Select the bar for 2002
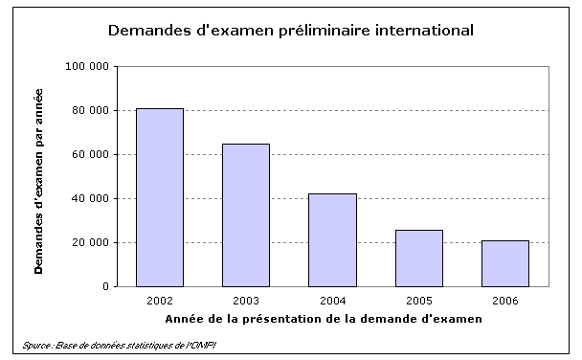coord(160,197)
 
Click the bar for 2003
coord(246,214)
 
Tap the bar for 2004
coord(332,239)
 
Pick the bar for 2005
coord(418,258)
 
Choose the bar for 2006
coord(504,263)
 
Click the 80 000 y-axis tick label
coord(89,111)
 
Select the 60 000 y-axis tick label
coord(89,155)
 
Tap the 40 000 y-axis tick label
coord(89,199)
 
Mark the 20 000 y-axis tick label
coord(89,243)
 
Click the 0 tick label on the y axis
coord(103,287)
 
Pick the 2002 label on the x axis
coord(160,301)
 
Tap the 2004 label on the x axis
coord(332,301)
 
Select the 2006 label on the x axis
coord(504,301)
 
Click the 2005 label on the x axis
coord(418,301)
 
